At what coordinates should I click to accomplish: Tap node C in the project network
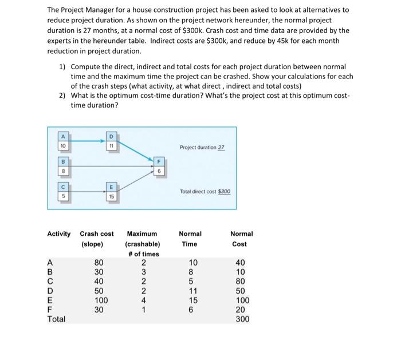click(62, 191)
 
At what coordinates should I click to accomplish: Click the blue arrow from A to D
click(87, 139)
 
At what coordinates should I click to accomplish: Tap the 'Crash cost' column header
click(97, 234)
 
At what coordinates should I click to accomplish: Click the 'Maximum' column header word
click(141, 234)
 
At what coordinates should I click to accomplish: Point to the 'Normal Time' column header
click(190, 239)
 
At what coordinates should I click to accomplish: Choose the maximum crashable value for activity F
click(143, 310)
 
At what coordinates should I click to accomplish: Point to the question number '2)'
click(62, 96)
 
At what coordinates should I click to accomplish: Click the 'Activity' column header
click(59, 234)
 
